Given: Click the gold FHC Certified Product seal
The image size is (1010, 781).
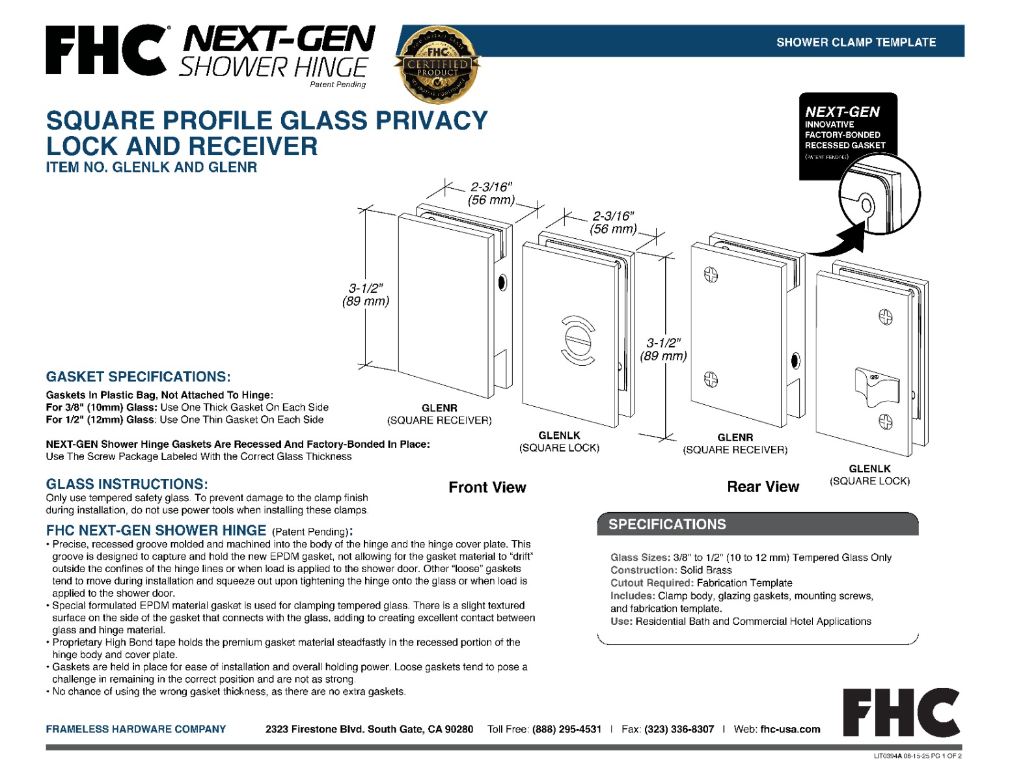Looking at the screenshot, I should [437, 64].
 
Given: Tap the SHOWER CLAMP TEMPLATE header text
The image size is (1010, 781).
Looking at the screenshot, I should [856, 42].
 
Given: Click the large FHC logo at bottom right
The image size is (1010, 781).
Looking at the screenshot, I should [901, 712].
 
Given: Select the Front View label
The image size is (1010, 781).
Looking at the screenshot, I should [487, 487].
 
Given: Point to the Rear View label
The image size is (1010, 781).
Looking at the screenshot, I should [763, 487].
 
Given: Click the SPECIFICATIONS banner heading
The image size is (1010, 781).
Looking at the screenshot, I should [667, 525].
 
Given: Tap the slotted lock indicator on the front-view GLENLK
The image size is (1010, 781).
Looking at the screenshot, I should [577, 339].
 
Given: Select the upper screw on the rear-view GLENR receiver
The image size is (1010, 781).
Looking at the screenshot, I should [711, 275].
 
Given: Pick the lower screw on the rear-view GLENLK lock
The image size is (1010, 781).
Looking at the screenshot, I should [886, 422].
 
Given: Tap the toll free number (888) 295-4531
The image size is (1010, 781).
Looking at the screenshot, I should [566, 729].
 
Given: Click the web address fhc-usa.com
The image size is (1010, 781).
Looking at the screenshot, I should [790, 729].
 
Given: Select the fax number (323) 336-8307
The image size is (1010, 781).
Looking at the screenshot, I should [679, 729].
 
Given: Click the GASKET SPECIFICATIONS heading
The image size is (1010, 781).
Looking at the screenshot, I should [138, 377].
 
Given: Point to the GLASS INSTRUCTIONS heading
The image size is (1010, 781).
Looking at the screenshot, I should [127, 484].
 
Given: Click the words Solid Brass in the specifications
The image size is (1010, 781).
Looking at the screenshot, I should [705, 570].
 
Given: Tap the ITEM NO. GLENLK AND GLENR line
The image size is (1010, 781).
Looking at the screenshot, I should [151, 167].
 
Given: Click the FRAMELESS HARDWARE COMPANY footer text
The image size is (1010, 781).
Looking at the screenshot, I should [135, 729].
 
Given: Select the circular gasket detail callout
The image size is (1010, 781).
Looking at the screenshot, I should [879, 195].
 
